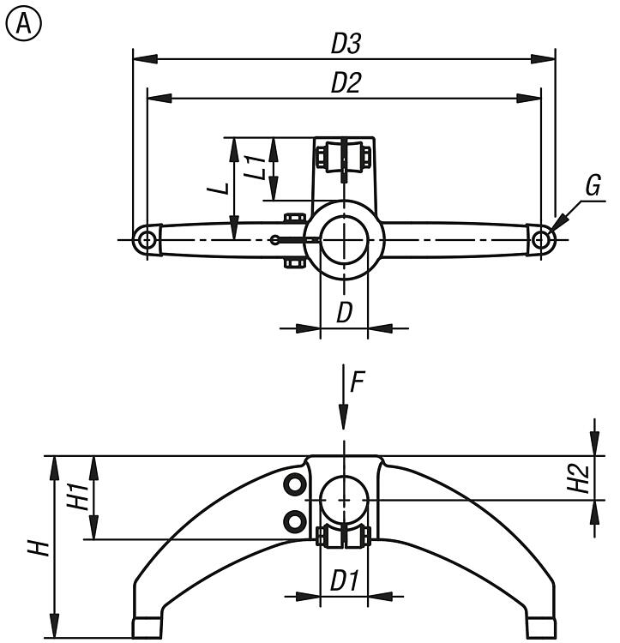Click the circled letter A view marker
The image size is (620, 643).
tap(24, 24)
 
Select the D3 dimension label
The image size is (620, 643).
tap(346, 44)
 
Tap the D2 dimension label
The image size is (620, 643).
tap(346, 82)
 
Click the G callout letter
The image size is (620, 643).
tap(593, 185)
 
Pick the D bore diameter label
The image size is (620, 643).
tap(345, 313)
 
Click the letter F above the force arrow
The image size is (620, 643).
tap(357, 382)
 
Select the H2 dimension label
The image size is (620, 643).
tap(578, 478)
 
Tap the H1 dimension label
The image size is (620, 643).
tap(78, 497)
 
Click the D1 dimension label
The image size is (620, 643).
tap(345, 581)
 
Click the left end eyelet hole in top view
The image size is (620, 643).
tap(147, 239)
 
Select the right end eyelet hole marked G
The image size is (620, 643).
tap(541, 239)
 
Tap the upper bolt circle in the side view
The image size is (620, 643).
tap(294, 485)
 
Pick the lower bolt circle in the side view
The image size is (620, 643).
tap(294, 521)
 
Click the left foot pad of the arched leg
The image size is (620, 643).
tap(147, 628)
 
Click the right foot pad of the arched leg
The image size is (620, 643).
tap(541, 628)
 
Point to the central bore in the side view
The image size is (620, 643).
tap(344, 501)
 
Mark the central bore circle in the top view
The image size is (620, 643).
tap(344, 240)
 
